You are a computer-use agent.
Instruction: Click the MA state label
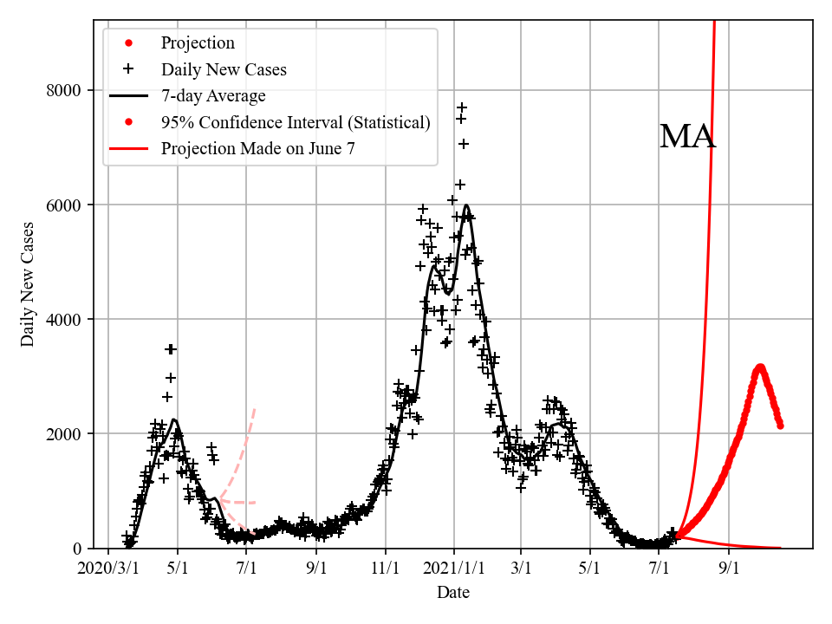tap(687, 137)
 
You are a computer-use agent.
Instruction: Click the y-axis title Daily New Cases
tap(29, 284)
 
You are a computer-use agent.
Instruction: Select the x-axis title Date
tap(453, 592)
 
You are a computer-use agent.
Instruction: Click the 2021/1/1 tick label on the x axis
tap(453, 568)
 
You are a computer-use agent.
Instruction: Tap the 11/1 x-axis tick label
tap(385, 568)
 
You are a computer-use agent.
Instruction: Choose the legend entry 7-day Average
tap(213, 95)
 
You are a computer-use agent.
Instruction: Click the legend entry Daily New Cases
tap(224, 69)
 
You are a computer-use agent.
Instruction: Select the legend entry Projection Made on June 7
tap(257, 149)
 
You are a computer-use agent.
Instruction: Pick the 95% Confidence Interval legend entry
tap(296, 122)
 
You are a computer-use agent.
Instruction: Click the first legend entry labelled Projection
tap(198, 42)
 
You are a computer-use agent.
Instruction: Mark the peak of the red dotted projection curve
tap(760, 367)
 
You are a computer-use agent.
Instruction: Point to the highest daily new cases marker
tap(463, 107)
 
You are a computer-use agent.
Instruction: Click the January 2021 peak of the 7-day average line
tap(467, 205)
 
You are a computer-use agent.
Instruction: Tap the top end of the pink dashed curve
tap(254, 408)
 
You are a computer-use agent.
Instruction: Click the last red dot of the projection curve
tap(780, 425)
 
